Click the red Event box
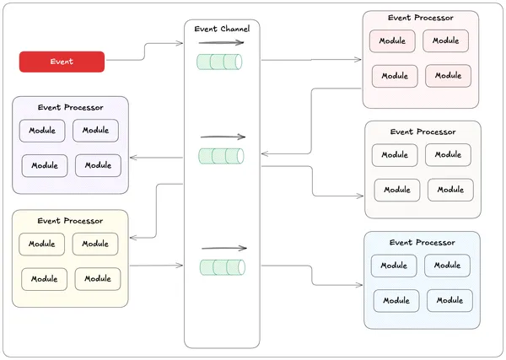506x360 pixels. pyautogui.click(x=62, y=62)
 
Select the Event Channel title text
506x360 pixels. pyautogui.click(x=222, y=29)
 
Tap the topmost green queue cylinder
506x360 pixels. pyautogui.click(x=219, y=62)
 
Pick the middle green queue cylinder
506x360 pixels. pyautogui.click(x=221, y=156)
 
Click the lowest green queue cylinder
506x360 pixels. pyautogui.click(x=222, y=267)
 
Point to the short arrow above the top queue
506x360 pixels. pyautogui.click(x=221, y=41)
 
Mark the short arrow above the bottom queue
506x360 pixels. pyautogui.click(x=223, y=248)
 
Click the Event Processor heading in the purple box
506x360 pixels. pyautogui.click(x=71, y=107)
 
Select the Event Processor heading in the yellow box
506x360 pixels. pyautogui.click(x=70, y=221)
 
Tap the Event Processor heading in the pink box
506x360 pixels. pyautogui.click(x=421, y=18)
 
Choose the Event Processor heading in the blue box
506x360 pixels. pyautogui.click(x=422, y=243)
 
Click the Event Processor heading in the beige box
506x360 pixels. pyautogui.click(x=423, y=132)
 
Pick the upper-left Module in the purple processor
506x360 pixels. pyautogui.click(x=42, y=131)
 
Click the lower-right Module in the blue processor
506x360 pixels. pyautogui.click(x=449, y=300)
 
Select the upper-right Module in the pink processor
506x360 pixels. pyautogui.click(x=446, y=40)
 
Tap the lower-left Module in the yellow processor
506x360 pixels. pyautogui.click(x=44, y=279)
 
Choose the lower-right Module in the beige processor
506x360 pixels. pyautogui.click(x=450, y=190)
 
